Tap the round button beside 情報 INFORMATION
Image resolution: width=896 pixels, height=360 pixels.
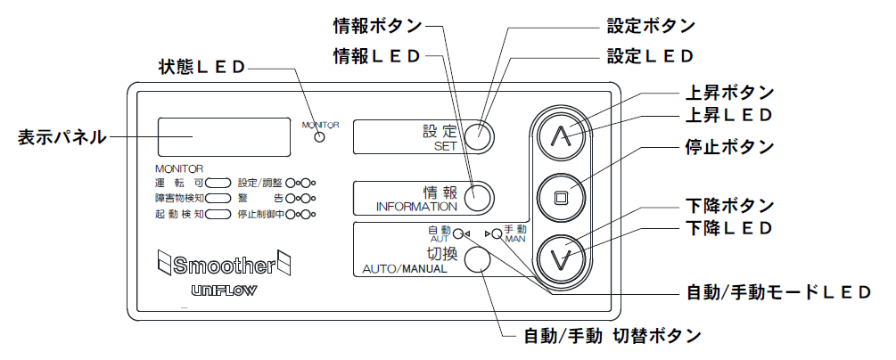[x=479, y=197]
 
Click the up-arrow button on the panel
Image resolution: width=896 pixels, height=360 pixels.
[x=560, y=135]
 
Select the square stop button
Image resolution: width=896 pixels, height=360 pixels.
[x=560, y=197]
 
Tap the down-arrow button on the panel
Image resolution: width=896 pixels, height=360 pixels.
[x=560, y=257]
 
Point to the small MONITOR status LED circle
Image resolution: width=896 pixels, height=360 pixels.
[x=320, y=136]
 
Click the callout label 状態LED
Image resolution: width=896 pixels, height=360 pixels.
[x=201, y=67]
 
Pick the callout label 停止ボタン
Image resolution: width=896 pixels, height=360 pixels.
[x=729, y=147]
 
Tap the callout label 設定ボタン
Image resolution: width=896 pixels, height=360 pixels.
[x=651, y=26]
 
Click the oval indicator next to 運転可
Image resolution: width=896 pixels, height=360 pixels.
[x=218, y=183]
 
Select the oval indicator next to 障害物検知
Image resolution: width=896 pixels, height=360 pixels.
[x=218, y=199]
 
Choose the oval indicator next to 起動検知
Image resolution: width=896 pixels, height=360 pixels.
[x=218, y=215]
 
